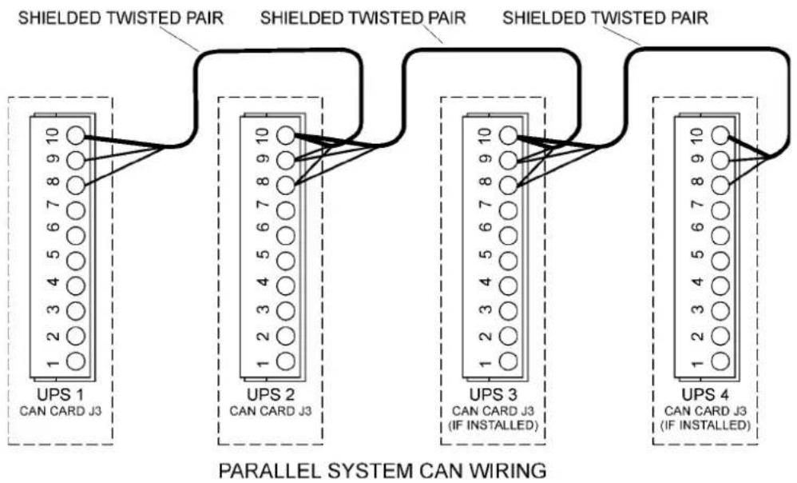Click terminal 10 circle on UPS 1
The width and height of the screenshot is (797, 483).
(76, 135)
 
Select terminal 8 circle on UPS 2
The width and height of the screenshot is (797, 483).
(286, 186)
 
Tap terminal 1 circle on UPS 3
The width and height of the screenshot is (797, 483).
(508, 361)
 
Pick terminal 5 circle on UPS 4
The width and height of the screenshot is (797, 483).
(720, 261)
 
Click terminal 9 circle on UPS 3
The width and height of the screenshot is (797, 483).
(508, 160)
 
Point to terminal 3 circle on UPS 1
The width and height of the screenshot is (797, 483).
(76, 310)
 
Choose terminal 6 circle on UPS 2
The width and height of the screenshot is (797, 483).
(286, 236)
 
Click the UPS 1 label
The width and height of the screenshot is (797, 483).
(60, 394)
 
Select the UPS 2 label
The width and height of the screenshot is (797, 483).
(270, 394)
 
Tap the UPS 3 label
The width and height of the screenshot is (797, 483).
(493, 394)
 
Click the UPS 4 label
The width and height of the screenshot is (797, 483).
(705, 394)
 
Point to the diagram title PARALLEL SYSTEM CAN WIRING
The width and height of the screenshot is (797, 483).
(383, 470)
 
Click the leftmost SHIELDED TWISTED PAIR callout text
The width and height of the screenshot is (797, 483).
(121, 18)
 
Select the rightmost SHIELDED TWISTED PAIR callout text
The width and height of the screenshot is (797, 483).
(605, 18)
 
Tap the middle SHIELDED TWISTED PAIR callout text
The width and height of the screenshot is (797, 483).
(363, 18)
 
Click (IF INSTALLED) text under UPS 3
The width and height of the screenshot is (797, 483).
(493, 425)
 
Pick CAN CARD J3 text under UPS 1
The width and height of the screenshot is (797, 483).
(61, 411)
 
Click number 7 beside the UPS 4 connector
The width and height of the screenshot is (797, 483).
(697, 206)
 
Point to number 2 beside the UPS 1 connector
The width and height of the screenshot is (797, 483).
(53, 336)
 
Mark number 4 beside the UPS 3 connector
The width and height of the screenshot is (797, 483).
(486, 281)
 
